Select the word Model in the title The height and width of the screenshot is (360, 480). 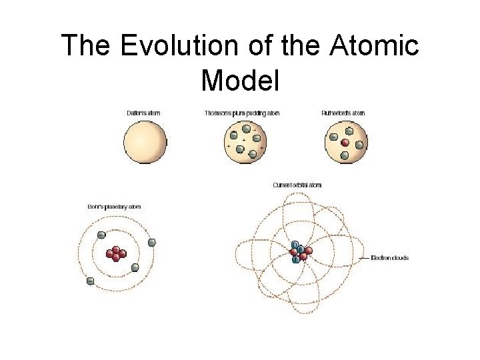(239, 80)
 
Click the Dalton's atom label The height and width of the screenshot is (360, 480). (143, 113)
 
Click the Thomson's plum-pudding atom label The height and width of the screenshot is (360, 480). (241, 113)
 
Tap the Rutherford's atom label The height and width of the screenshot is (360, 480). (343, 113)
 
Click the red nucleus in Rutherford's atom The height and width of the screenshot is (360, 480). (345, 143)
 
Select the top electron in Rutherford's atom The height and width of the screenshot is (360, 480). (345, 127)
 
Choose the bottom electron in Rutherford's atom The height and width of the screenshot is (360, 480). (345, 156)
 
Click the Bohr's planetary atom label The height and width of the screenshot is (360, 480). (115, 207)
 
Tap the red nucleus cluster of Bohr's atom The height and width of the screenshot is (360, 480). (116, 253)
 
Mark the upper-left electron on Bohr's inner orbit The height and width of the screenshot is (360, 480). (101, 235)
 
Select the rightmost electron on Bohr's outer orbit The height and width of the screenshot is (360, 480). (152, 242)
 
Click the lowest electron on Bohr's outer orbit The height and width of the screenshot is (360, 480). (90, 281)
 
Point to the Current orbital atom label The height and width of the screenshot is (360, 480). (297, 185)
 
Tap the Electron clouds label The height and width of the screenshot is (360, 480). (390, 258)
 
